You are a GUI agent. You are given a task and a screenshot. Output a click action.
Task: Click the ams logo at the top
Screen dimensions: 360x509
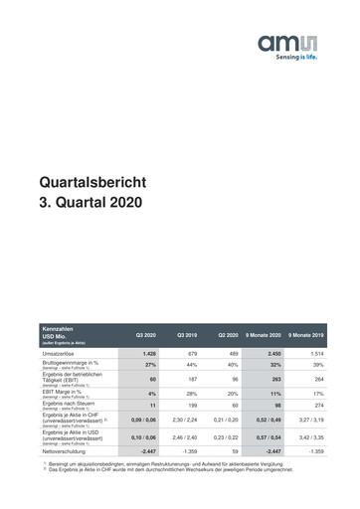287,43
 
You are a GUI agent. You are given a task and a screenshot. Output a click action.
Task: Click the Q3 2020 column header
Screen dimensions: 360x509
150,335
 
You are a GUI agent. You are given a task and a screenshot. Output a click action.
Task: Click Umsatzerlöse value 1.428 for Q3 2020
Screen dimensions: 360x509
150,353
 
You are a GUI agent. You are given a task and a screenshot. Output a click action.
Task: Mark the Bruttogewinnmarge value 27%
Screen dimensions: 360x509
150,365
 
